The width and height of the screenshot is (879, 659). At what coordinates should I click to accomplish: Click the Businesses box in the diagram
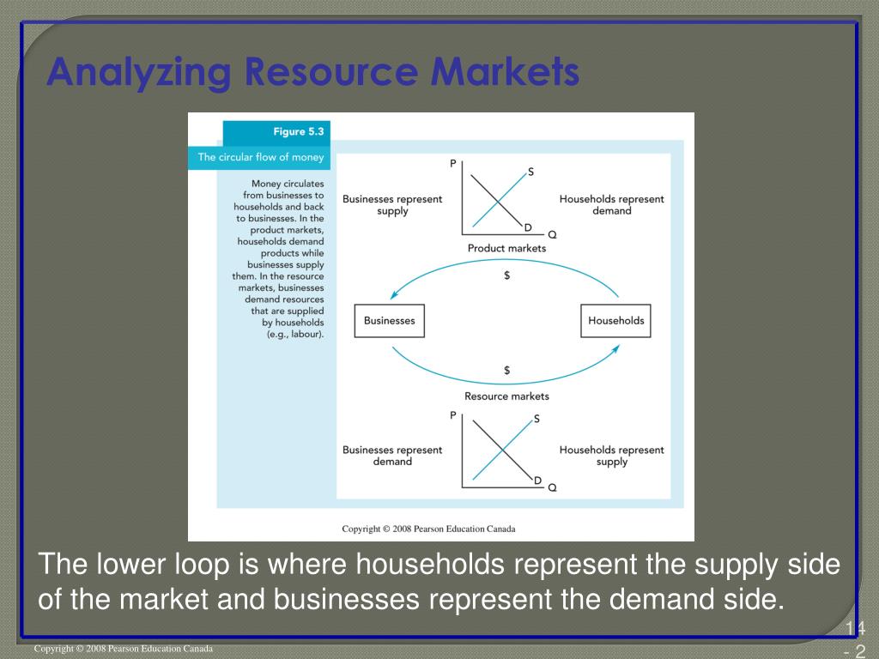click(389, 321)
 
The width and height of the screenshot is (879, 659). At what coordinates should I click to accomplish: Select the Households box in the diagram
click(615, 321)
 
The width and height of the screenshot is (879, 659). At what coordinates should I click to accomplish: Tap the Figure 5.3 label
click(288, 132)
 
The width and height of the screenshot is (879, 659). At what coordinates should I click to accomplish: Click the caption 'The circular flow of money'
click(261, 157)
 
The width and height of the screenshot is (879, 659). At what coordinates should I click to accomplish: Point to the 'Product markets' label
click(506, 248)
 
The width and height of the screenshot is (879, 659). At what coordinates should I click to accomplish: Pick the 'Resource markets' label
click(506, 396)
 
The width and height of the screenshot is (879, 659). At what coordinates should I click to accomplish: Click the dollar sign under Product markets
click(507, 275)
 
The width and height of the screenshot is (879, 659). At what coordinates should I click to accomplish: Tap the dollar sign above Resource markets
click(507, 370)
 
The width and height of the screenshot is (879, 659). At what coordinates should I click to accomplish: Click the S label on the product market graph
click(530, 172)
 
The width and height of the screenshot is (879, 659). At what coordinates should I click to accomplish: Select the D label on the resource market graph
click(537, 480)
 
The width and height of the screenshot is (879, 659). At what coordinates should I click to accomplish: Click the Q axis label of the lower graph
click(552, 487)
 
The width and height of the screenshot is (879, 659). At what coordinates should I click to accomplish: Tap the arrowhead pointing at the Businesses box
click(394, 295)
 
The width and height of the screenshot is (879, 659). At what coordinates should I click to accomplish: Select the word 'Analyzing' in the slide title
click(138, 72)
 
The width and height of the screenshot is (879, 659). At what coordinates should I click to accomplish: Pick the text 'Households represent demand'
click(611, 205)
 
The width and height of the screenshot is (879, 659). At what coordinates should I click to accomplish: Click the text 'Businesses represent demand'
click(392, 456)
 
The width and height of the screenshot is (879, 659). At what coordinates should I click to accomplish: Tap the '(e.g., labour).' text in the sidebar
click(295, 334)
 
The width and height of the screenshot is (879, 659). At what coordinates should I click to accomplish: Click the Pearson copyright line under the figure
click(428, 529)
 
